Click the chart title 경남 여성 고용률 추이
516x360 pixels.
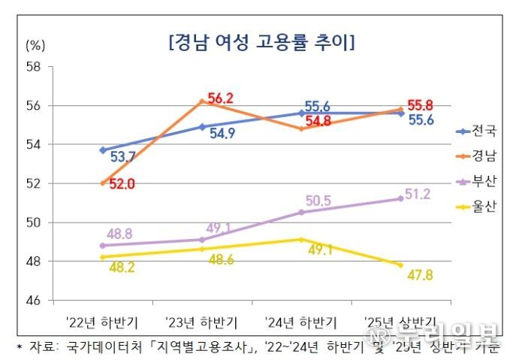pyautogui.click(x=262, y=42)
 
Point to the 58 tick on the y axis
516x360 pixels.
pyautogui.click(x=33, y=66)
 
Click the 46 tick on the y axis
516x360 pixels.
pyautogui.click(x=33, y=301)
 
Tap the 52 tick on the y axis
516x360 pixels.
pyautogui.click(x=33, y=183)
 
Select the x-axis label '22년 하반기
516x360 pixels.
pyautogui.click(x=102, y=322)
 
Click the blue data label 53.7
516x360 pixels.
pyautogui.click(x=122, y=157)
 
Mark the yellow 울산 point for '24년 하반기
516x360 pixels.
pyautogui.click(x=301, y=240)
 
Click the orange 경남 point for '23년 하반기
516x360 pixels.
pyautogui.click(x=201, y=101)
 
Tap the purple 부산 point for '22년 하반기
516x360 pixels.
pyautogui.click(x=102, y=245)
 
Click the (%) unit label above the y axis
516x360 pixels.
pyautogui.click(x=36, y=45)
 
